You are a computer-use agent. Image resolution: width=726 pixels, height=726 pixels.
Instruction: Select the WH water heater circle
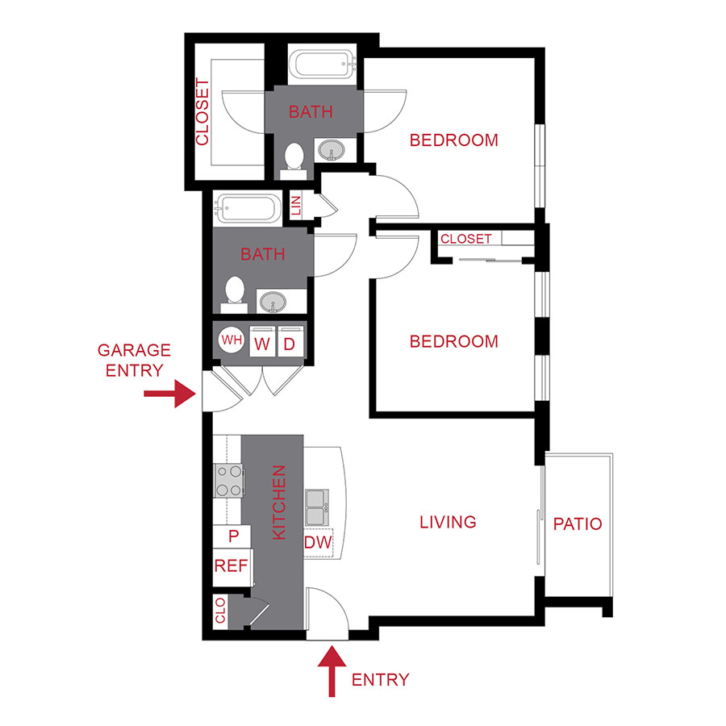232,340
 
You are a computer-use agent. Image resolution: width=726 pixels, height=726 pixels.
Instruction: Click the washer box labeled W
261,342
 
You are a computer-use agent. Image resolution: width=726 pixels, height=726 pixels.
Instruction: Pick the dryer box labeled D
289,342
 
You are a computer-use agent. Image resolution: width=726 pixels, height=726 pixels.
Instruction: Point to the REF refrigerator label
231,565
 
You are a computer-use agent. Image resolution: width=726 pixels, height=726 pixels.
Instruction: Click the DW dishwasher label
318,543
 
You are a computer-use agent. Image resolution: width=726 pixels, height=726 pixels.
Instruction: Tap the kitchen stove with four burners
229,480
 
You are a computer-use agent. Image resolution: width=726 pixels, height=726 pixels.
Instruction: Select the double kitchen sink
316,505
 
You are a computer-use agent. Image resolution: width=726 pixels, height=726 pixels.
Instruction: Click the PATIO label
578,524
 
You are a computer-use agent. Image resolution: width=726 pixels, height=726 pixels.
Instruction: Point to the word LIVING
448,522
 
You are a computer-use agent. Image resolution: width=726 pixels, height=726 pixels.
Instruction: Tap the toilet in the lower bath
235,293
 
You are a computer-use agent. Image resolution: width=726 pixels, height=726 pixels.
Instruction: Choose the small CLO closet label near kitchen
220,611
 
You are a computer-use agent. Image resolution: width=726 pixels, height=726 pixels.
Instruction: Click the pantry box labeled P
233,536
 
